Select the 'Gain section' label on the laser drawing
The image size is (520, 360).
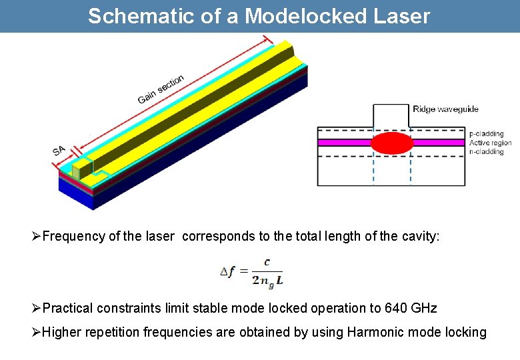click(x=161, y=89)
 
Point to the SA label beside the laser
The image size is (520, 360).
click(x=59, y=151)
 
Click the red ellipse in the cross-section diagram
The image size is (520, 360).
click(x=392, y=143)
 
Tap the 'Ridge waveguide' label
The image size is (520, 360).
click(x=445, y=109)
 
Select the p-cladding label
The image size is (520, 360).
click(x=487, y=134)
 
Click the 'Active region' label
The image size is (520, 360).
click(x=491, y=143)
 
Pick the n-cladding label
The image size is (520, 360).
click(x=487, y=151)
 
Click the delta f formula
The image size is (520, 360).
click(x=252, y=272)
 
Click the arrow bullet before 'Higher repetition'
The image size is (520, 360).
click(x=37, y=332)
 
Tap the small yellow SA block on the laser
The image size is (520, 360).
click(x=81, y=169)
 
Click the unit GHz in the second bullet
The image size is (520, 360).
click(x=425, y=308)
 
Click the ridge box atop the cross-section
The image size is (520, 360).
click(x=391, y=115)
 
